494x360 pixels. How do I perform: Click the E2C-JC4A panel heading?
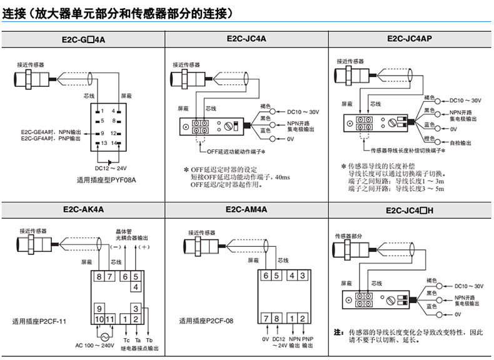[246, 38]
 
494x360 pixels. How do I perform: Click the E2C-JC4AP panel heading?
[410, 38]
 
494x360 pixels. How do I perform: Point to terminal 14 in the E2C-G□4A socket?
[115, 143]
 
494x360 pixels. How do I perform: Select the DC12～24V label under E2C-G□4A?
[111, 167]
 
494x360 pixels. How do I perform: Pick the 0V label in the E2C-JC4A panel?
[291, 139]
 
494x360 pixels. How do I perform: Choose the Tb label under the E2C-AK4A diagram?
[149, 339]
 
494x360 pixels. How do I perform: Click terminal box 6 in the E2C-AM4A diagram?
[265, 276]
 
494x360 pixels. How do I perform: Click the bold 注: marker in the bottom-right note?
[338, 332]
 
